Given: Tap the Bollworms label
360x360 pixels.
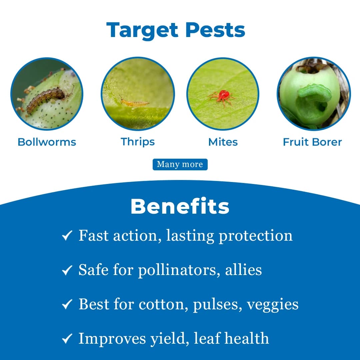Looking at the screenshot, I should click(x=47, y=142).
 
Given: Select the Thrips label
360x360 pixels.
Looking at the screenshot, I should click(x=138, y=142).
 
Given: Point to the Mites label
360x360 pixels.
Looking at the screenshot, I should click(x=223, y=142).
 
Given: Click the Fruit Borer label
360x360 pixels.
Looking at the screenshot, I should click(x=312, y=142).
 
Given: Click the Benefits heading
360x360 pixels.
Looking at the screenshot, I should click(x=180, y=207).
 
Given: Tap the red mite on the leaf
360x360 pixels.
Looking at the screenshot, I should click(x=221, y=96).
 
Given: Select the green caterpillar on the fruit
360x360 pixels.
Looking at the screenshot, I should click(x=314, y=92).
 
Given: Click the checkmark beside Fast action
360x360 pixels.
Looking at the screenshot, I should click(x=67, y=236).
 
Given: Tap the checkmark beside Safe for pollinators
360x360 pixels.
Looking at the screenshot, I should click(x=67, y=270).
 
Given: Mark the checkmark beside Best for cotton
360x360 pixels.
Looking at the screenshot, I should click(x=67, y=304).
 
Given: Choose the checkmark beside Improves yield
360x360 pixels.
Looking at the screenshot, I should click(x=67, y=339).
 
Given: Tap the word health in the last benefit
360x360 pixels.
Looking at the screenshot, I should click(x=246, y=338).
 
